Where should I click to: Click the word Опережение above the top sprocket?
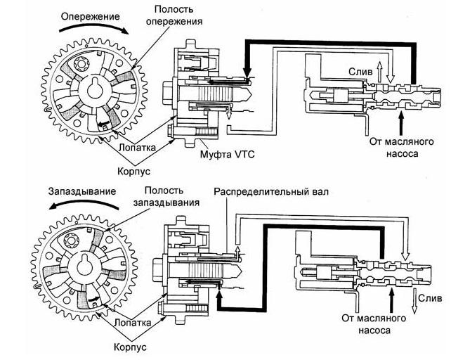coord(91,16)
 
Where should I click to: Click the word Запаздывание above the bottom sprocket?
coord(82,191)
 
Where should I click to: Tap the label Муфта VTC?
coord(227,155)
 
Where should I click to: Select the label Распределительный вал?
coord(271,192)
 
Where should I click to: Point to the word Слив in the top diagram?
coord(360,72)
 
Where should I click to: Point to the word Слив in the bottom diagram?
coord(430,298)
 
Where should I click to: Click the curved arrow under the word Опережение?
coord(93,27)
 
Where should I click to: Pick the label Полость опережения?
coord(174,15)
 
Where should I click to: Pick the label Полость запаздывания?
coord(166,196)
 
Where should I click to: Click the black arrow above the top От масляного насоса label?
coord(401,123)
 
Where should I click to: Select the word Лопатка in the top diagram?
coord(137,148)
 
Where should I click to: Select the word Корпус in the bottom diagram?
coord(130,347)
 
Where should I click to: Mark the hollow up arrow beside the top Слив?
coord(379,71)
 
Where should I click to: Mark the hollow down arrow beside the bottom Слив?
coord(414,301)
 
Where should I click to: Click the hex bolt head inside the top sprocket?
coord(80,64)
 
